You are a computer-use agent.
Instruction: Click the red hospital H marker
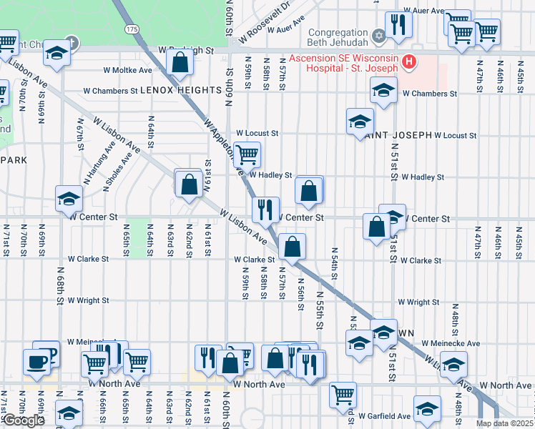pyautogui.click(x=408, y=62)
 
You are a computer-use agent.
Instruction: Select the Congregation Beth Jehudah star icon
pyautogui.click(x=379, y=34)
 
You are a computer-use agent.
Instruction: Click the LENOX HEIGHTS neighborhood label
pyautogui.click(x=180, y=91)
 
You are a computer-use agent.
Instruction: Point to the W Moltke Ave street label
pyautogui.click(x=128, y=71)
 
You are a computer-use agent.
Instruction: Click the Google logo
pyautogui.click(x=23, y=420)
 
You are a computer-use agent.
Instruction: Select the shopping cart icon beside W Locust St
pyautogui.click(x=247, y=153)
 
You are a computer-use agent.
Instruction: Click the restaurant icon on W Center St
pyautogui.click(x=265, y=209)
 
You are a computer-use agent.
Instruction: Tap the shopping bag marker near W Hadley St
pyautogui.click(x=309, y=190)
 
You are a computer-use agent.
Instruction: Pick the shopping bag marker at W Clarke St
pyautogui.click(x=292, y=247)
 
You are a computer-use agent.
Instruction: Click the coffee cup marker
pyautogui.click(x=36, y=361)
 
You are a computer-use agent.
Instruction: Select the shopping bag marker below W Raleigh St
pyautogui.click(x=180, y=63)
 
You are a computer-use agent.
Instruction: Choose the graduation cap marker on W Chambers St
pyautogui.click(x=383, y=90)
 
